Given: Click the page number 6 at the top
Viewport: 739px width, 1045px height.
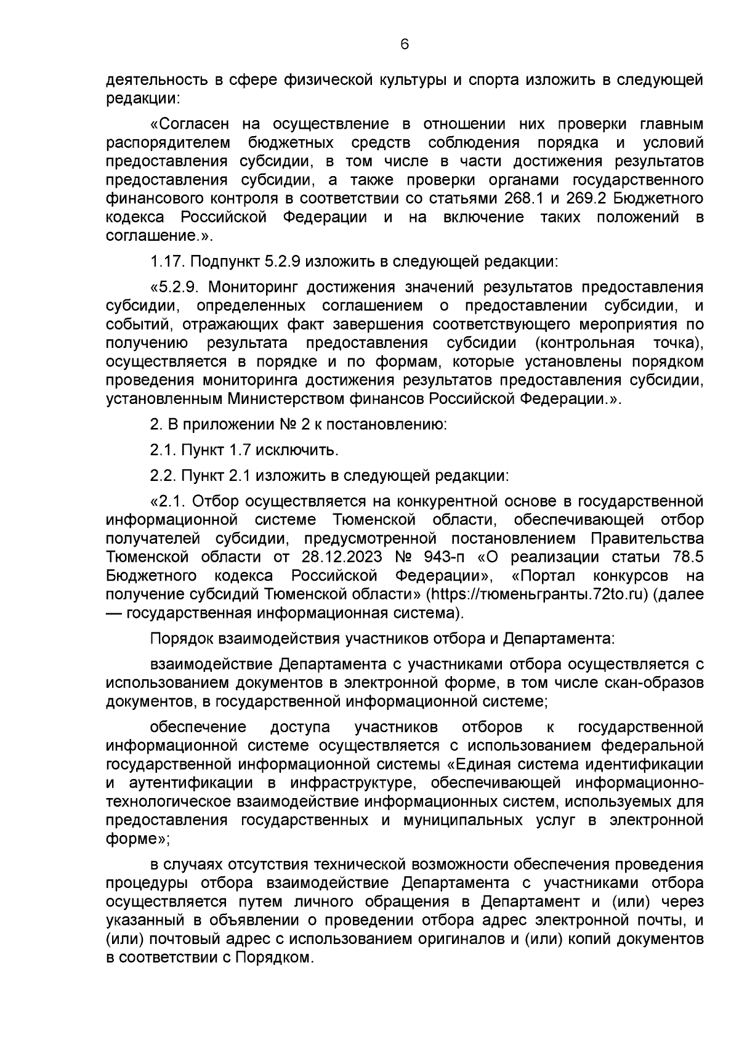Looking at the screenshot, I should tap(404, 44).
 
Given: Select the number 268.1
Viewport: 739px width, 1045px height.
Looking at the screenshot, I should tap(525, 198).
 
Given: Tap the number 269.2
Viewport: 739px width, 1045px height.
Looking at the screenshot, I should tap(591, 198).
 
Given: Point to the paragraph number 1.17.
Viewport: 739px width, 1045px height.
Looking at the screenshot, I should tap(167, 262).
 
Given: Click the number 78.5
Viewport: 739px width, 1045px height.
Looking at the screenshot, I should tap(684, 557).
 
